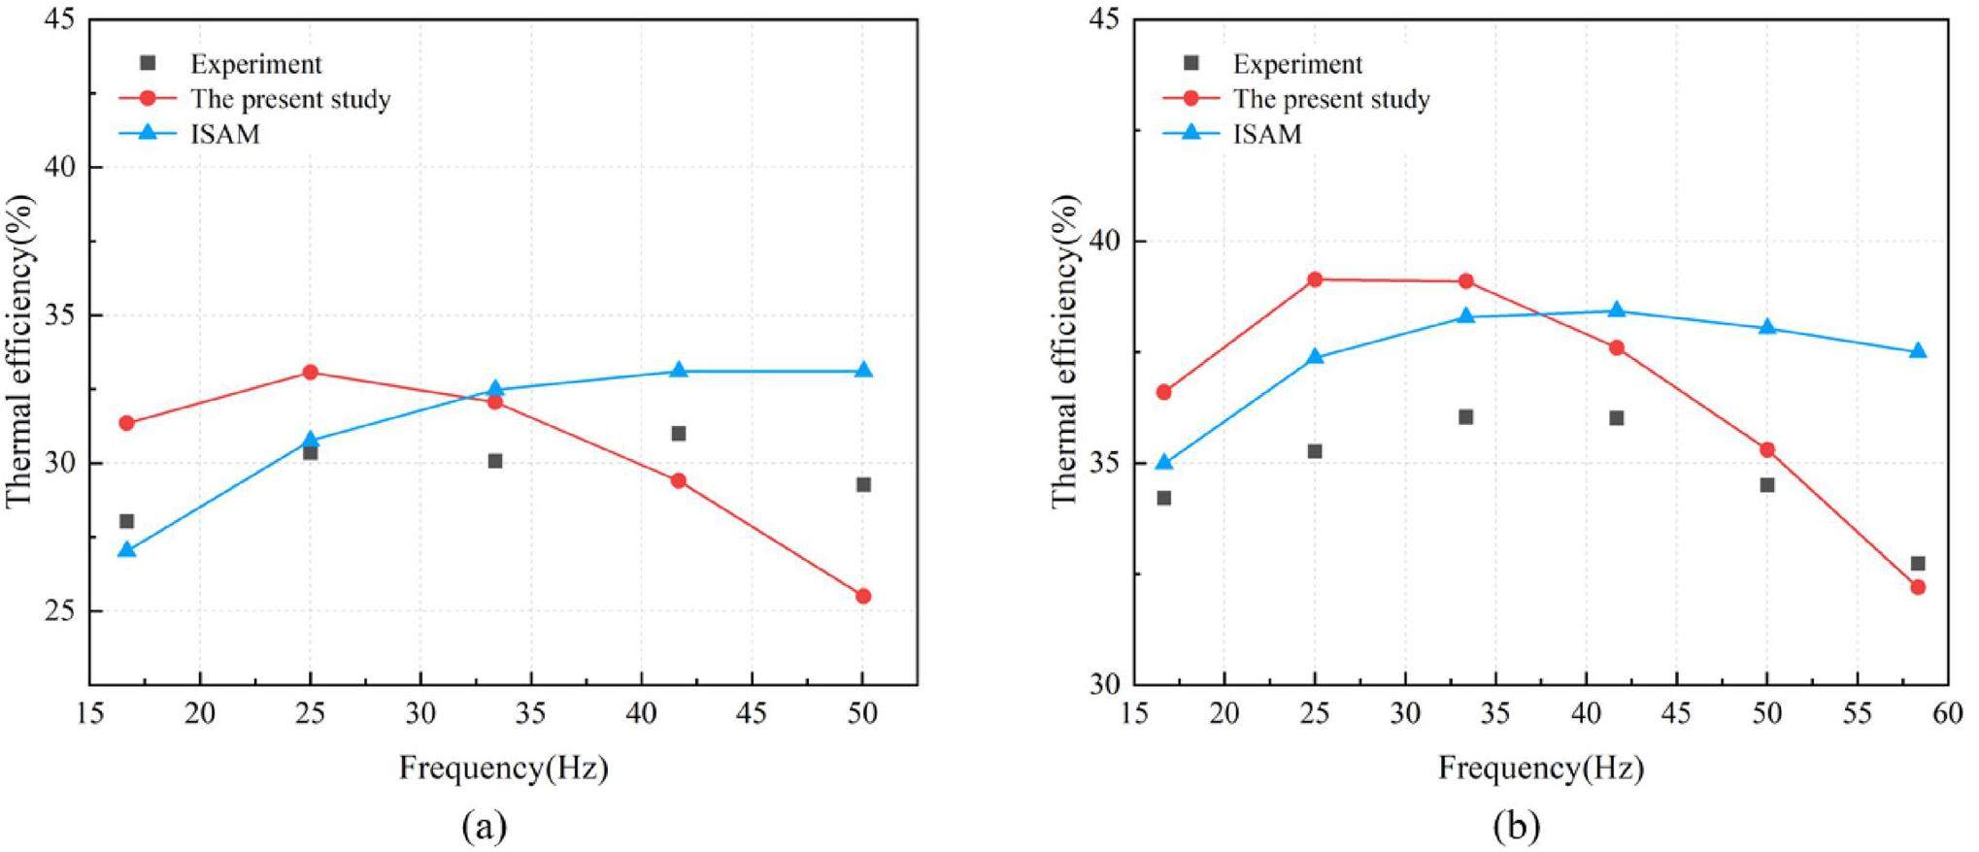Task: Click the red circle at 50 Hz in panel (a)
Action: (862, 596)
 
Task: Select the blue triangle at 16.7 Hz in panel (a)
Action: (126, 550)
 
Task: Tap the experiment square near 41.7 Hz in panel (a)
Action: (678, 433)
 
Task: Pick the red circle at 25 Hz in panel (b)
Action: (1315, 279)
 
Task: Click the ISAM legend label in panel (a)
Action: (225, 134)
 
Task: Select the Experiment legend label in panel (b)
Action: (1297, 64)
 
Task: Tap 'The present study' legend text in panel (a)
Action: (290, 99)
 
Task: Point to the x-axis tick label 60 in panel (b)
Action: (1947, 714)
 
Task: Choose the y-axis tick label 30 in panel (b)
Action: (1104, 684)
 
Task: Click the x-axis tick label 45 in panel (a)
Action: (752, 714)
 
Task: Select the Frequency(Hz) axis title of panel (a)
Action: (503, 769)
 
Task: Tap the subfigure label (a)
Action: (485, 827)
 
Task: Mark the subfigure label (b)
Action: (1517, 827)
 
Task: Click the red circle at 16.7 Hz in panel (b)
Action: (1163, 392)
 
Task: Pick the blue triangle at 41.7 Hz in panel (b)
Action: (1616, 311)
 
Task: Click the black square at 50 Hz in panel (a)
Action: (862, 484)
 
